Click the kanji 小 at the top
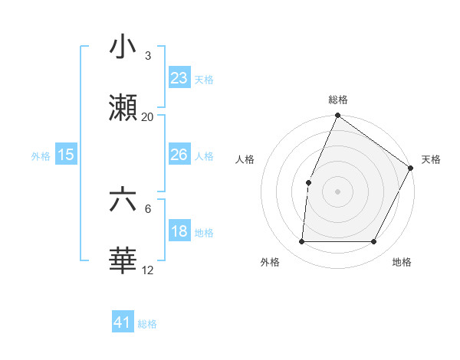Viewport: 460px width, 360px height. [x=123, y=47]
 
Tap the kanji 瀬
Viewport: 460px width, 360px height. [x=123, y=108]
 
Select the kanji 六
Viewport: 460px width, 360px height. [x=123, y=201]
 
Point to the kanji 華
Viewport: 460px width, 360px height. [x=123, y=261]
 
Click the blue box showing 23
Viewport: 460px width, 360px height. [x=179, y=77]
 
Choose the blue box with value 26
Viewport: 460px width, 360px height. [x=179, y=155]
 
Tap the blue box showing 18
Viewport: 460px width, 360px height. [x=179, y=231]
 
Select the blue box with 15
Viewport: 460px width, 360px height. [x=65, y=155]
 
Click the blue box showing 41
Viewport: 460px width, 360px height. [x=123, y=322]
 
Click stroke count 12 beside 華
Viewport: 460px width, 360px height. [x=147, y=270]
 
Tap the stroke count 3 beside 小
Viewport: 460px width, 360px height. [x=147, y=56]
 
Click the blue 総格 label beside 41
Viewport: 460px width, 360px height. [x=147, y=324]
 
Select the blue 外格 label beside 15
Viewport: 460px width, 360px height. [x=41, y=156]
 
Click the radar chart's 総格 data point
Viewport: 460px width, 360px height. [x=337, y=116]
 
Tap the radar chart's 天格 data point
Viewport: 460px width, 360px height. [x=410, y=168]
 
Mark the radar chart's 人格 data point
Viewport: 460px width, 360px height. [x=308, y=182]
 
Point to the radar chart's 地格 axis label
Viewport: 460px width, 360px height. [x=402, y=262]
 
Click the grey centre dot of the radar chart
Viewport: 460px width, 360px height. [x=337, y=191]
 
